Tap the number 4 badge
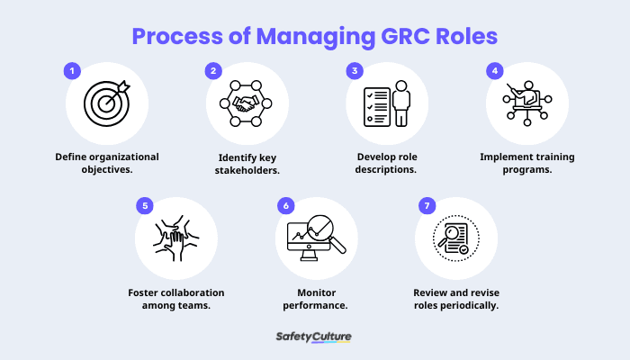click(494, 70)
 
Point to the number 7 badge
click(425, 206)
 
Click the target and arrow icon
click(106, 103)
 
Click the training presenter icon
click(526, 103)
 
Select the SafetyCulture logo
click(314, 337)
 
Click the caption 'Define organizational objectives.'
click(106, 163)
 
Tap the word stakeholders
click(247, 170)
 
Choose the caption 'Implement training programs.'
click(526, 163)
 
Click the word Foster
click(146, 292)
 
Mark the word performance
click(316, 306)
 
